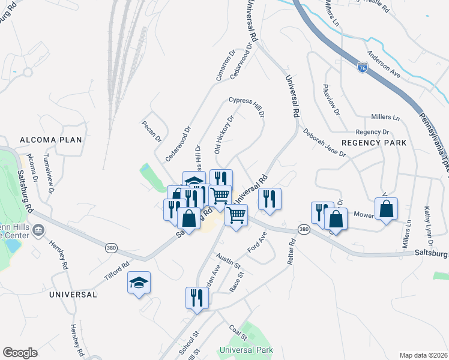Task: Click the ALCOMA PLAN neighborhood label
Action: pos(50,140)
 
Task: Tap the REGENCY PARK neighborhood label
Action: pos(374,143)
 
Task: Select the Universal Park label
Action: pos(246,350)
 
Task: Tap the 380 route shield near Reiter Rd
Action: pos(304,230)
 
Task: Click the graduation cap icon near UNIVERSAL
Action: pos(139,284)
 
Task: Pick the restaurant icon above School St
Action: pos(197,298)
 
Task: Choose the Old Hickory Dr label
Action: pos(223,136)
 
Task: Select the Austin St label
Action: pos(229,261)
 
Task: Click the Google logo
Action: pos(20,353)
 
